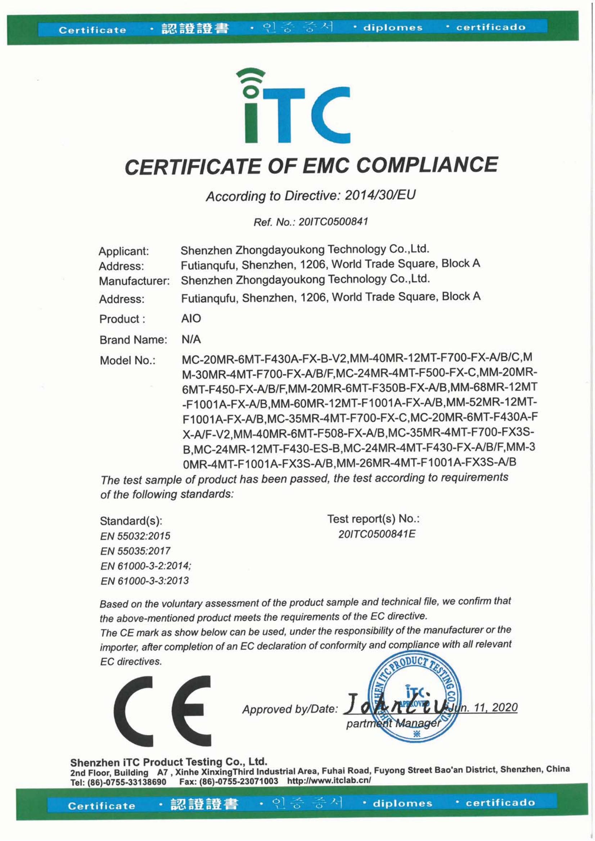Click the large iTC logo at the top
tap(293, 106)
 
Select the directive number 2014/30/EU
tap(380, 195)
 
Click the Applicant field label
tap(123, 251)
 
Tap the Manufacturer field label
tap(134, 281)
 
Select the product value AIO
tap(191, 318)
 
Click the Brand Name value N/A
tap(191, 339)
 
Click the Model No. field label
tap(127, 360)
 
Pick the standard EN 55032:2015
tap(135, 536)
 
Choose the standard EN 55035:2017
tap(135, 551)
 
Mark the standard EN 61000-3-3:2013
tap(144, 581)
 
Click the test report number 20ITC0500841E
tap(377, 534)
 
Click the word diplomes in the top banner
tap(393, 28)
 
